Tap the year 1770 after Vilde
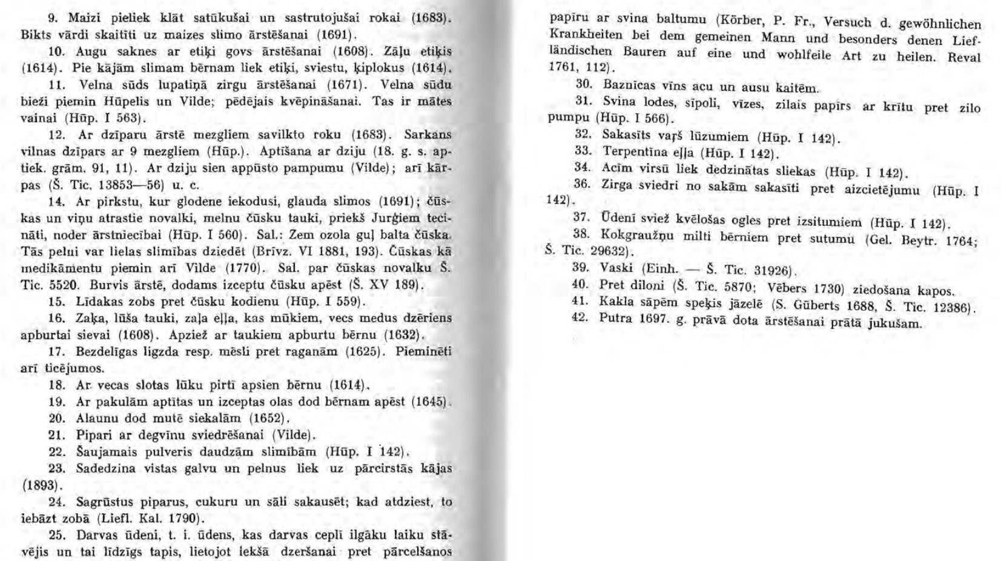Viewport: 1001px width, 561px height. pos(242,268)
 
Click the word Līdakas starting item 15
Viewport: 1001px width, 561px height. pos(97,301)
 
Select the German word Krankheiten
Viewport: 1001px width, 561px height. pos(581,36)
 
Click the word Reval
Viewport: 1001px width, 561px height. pos(963,58)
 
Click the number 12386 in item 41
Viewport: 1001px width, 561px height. pos(953,307)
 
